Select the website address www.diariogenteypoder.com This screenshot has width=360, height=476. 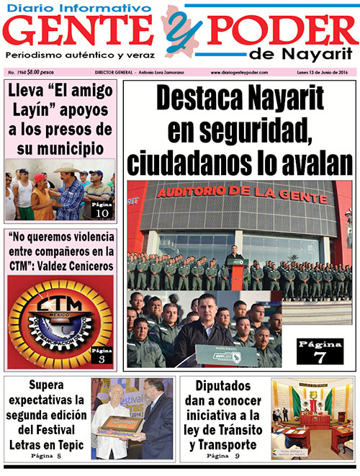pyautogui.click(x=240, y=73)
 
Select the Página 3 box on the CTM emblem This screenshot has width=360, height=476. pyautogui.click(x=102, y=355)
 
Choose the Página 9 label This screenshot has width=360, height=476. pyautogui.click(x=221, y=457)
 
